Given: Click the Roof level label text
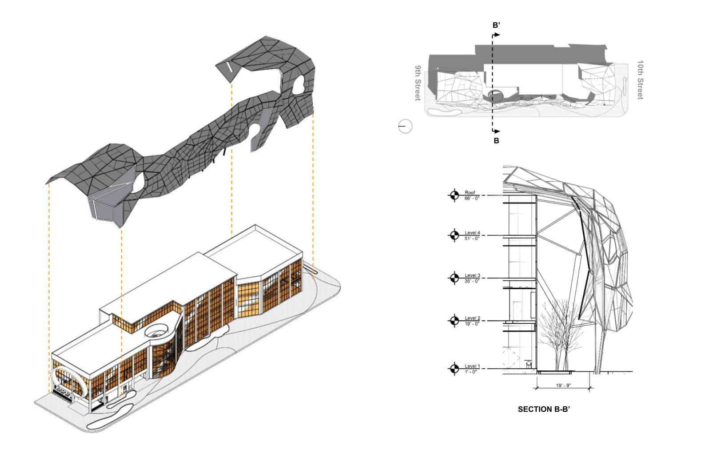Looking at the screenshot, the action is click(470, 193).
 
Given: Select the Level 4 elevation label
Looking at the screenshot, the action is click(473, 233).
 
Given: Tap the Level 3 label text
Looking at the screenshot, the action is click(473, 275).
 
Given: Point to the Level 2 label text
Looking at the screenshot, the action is click(473, 318).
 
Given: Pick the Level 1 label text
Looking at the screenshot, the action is click(473, 366).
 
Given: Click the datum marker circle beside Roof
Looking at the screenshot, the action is click(454, 195).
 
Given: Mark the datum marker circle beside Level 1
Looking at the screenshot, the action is click(454, 369).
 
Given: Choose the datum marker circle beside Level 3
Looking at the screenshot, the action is click(454, 278).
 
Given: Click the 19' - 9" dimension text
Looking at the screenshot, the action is click(563, 385).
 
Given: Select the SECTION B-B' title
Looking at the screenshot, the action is click(544, 409).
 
